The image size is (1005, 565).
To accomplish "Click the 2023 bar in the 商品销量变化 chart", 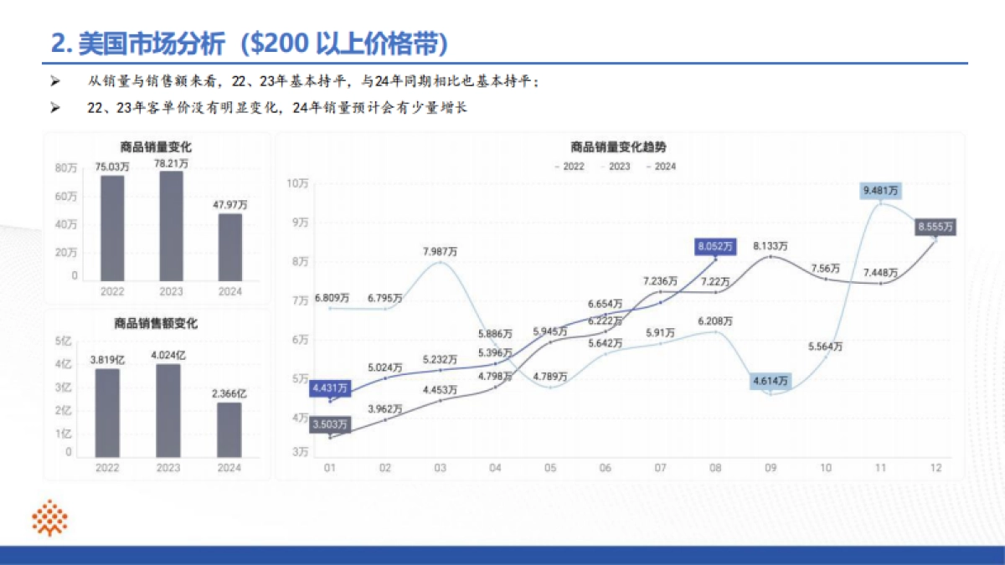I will click(x=171, y=225).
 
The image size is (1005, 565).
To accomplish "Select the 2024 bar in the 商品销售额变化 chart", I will click(x=229, y=429).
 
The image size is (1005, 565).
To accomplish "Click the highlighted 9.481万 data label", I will click(x=882, y=191).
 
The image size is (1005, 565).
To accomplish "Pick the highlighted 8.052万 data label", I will click(x=715, y=246).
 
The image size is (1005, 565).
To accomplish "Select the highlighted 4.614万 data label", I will click(x=770, y=381).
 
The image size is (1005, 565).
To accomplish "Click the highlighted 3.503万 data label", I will click(x=329, y=424).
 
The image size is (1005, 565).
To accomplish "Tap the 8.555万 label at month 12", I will click(x=935, y=227).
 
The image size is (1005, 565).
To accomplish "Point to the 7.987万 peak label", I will click(x=441, y=252).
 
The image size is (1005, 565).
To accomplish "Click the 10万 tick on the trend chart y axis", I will click(x=297, y=183).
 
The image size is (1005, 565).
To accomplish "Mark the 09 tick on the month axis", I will click(x=770, y=468).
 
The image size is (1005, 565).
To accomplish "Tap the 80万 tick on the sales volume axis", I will click(x=67, y=168).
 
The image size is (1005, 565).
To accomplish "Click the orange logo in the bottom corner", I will click(x=50, y=518).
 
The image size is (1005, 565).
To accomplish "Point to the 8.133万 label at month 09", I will click(x=770, y=246).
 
